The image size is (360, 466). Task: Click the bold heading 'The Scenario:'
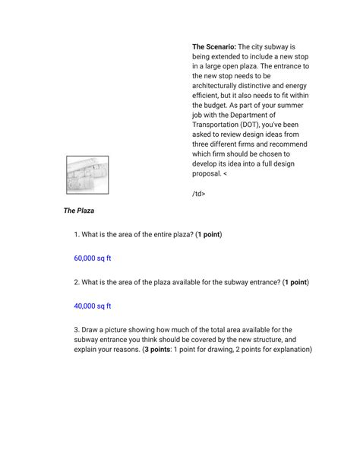214,46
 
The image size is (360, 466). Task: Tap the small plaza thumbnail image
87,175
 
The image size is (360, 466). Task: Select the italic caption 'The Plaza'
79,210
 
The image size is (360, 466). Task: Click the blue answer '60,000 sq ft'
93,258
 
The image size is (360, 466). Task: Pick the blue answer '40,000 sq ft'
93,306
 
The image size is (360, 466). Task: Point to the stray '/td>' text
199,193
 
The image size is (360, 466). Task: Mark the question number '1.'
77,234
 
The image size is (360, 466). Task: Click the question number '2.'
77,282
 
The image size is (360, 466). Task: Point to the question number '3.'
77,330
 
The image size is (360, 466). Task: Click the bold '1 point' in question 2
295,282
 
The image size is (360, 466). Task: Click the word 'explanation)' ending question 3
289,350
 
